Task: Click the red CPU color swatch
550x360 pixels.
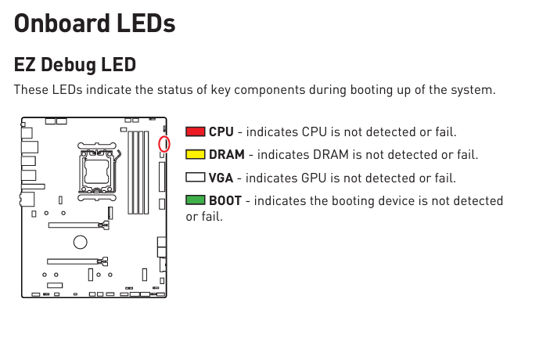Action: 196,131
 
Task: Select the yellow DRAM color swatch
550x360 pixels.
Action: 196,154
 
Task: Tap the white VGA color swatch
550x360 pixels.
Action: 196,178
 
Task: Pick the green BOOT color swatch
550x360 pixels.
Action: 196,200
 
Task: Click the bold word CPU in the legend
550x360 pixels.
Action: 221,132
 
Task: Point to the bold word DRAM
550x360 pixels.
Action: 227,155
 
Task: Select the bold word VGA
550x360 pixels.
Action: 221,178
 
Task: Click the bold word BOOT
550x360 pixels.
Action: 225,200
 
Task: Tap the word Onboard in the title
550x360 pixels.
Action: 62,23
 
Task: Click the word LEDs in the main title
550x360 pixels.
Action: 146,23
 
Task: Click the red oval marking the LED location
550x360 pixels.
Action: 164,144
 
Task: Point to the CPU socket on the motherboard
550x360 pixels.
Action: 97,171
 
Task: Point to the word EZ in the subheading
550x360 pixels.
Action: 24,65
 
